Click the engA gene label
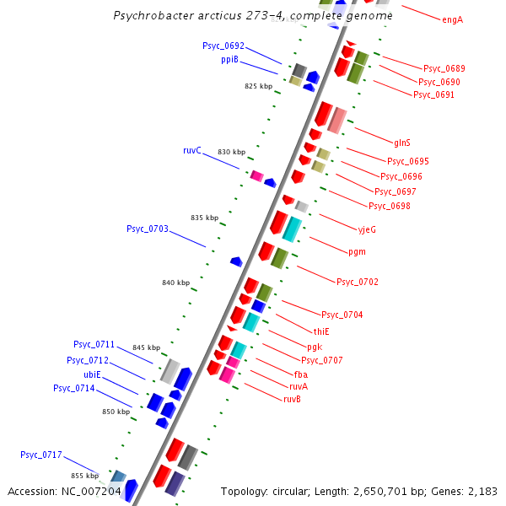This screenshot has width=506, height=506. [x=452, y=19]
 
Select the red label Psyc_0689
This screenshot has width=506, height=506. [x=444, y=68]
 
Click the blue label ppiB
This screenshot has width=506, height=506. [x=229, y=60]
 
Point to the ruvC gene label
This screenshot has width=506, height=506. [x=192, y=150]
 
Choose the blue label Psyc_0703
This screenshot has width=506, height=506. [x=148, y=229]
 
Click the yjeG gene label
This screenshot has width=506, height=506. [x=367, y=229]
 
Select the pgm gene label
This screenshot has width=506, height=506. [x=357, y=251]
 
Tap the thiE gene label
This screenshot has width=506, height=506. [x=321, y=331]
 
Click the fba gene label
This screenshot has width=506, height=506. [x=300, y=374]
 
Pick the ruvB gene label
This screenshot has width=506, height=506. [x=292, y=399]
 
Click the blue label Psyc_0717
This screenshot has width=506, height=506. [x=41, y=455]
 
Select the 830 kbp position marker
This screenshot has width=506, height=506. [x=231, y=152]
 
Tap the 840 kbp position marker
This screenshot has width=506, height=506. [x=175, y=283]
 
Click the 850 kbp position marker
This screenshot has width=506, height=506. [x=116, y=412]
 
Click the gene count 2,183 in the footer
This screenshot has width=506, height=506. [x=484, y=491]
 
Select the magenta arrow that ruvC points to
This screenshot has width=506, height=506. [x=257, y=175]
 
